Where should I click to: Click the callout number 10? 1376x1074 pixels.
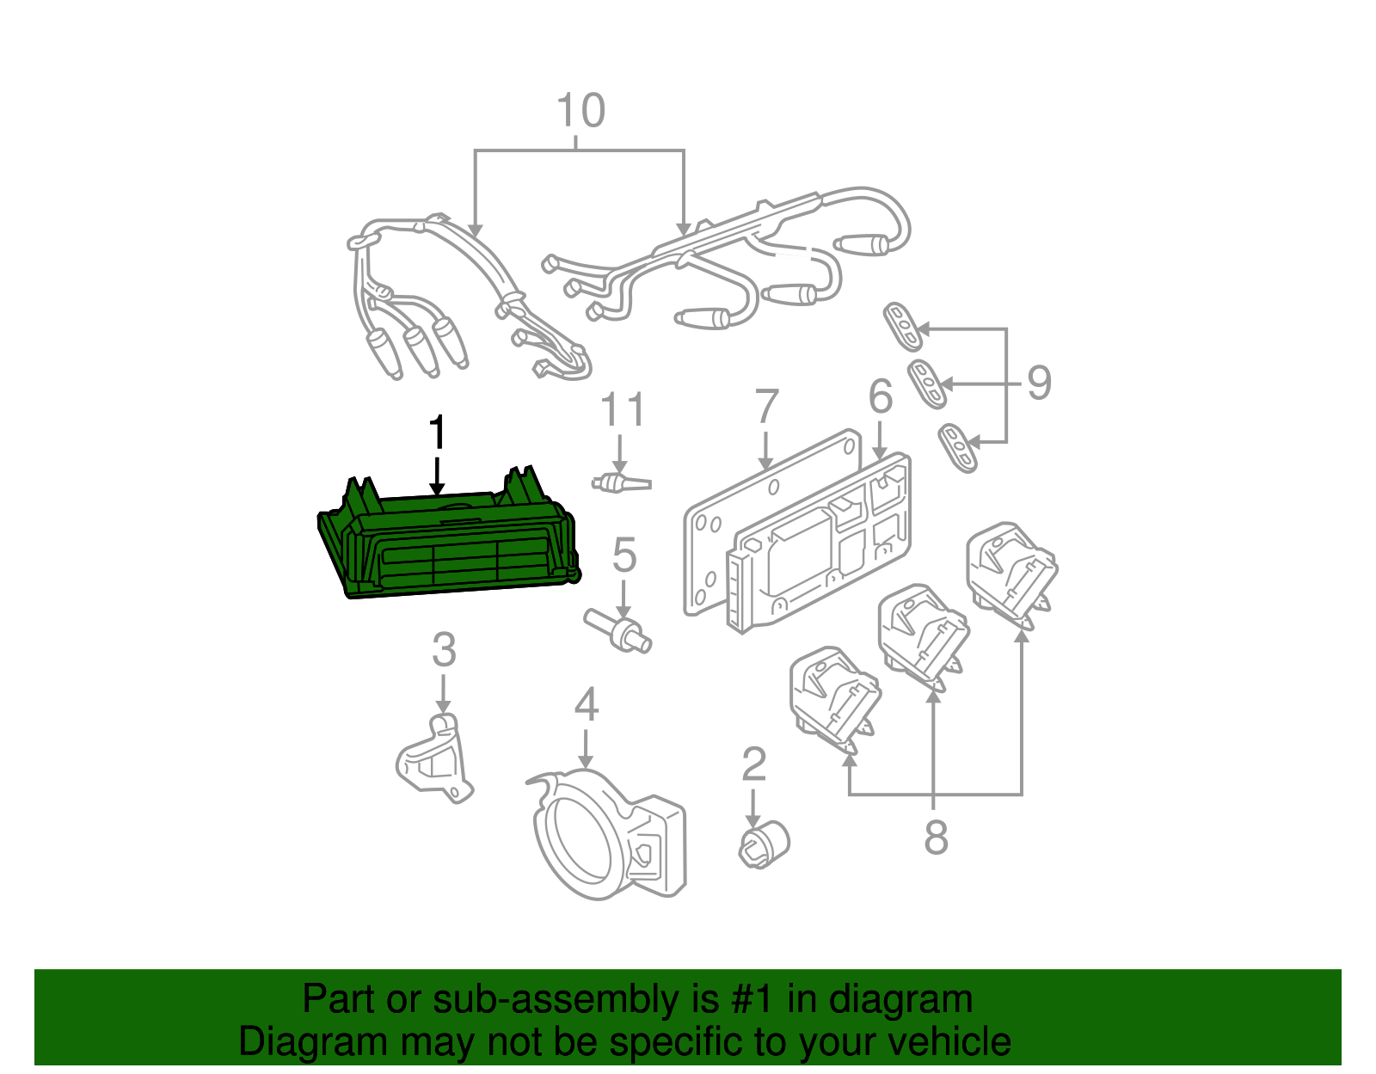click(x=580, y=112)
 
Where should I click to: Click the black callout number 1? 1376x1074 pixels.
click(x=438, y=433)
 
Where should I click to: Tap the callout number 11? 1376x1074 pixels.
click(x=622, y=410)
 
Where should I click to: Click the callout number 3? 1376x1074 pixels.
click(x=443, y=650)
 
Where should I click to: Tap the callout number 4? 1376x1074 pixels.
click(x=586, y=705)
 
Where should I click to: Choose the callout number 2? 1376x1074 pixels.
click(x=753, y=764)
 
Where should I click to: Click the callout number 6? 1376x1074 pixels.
click(x=880, y=396)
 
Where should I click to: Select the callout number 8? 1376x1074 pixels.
click(x=936, y=837)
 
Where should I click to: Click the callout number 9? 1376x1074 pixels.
click(x=1039, y=383)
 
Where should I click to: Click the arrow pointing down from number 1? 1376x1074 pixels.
click(x=438, y=477)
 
